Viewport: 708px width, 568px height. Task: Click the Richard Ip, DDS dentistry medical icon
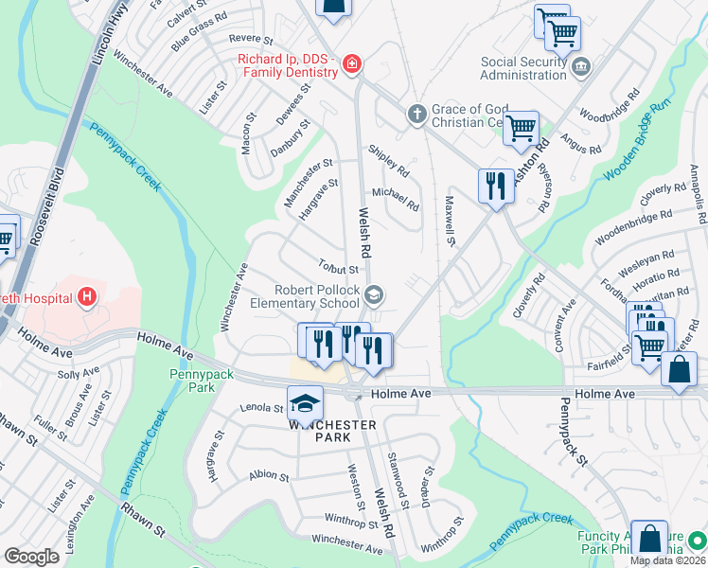tap(352, 64)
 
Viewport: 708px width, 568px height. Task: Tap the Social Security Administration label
tap(534, 69)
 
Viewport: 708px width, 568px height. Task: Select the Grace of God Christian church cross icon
tap(416, 115)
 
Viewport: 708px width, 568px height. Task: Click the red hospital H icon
tap(87, 298)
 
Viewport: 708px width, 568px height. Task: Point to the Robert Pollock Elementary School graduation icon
tap(374, 296)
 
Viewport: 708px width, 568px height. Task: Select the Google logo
tap(31, 556)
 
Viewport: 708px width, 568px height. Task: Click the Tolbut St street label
tap(338, 270)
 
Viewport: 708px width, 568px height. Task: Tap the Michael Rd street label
tap(396, 199)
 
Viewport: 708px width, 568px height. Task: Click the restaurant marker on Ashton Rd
tap(495, 186)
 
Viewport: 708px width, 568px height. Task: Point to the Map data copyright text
tap(667, 560)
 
